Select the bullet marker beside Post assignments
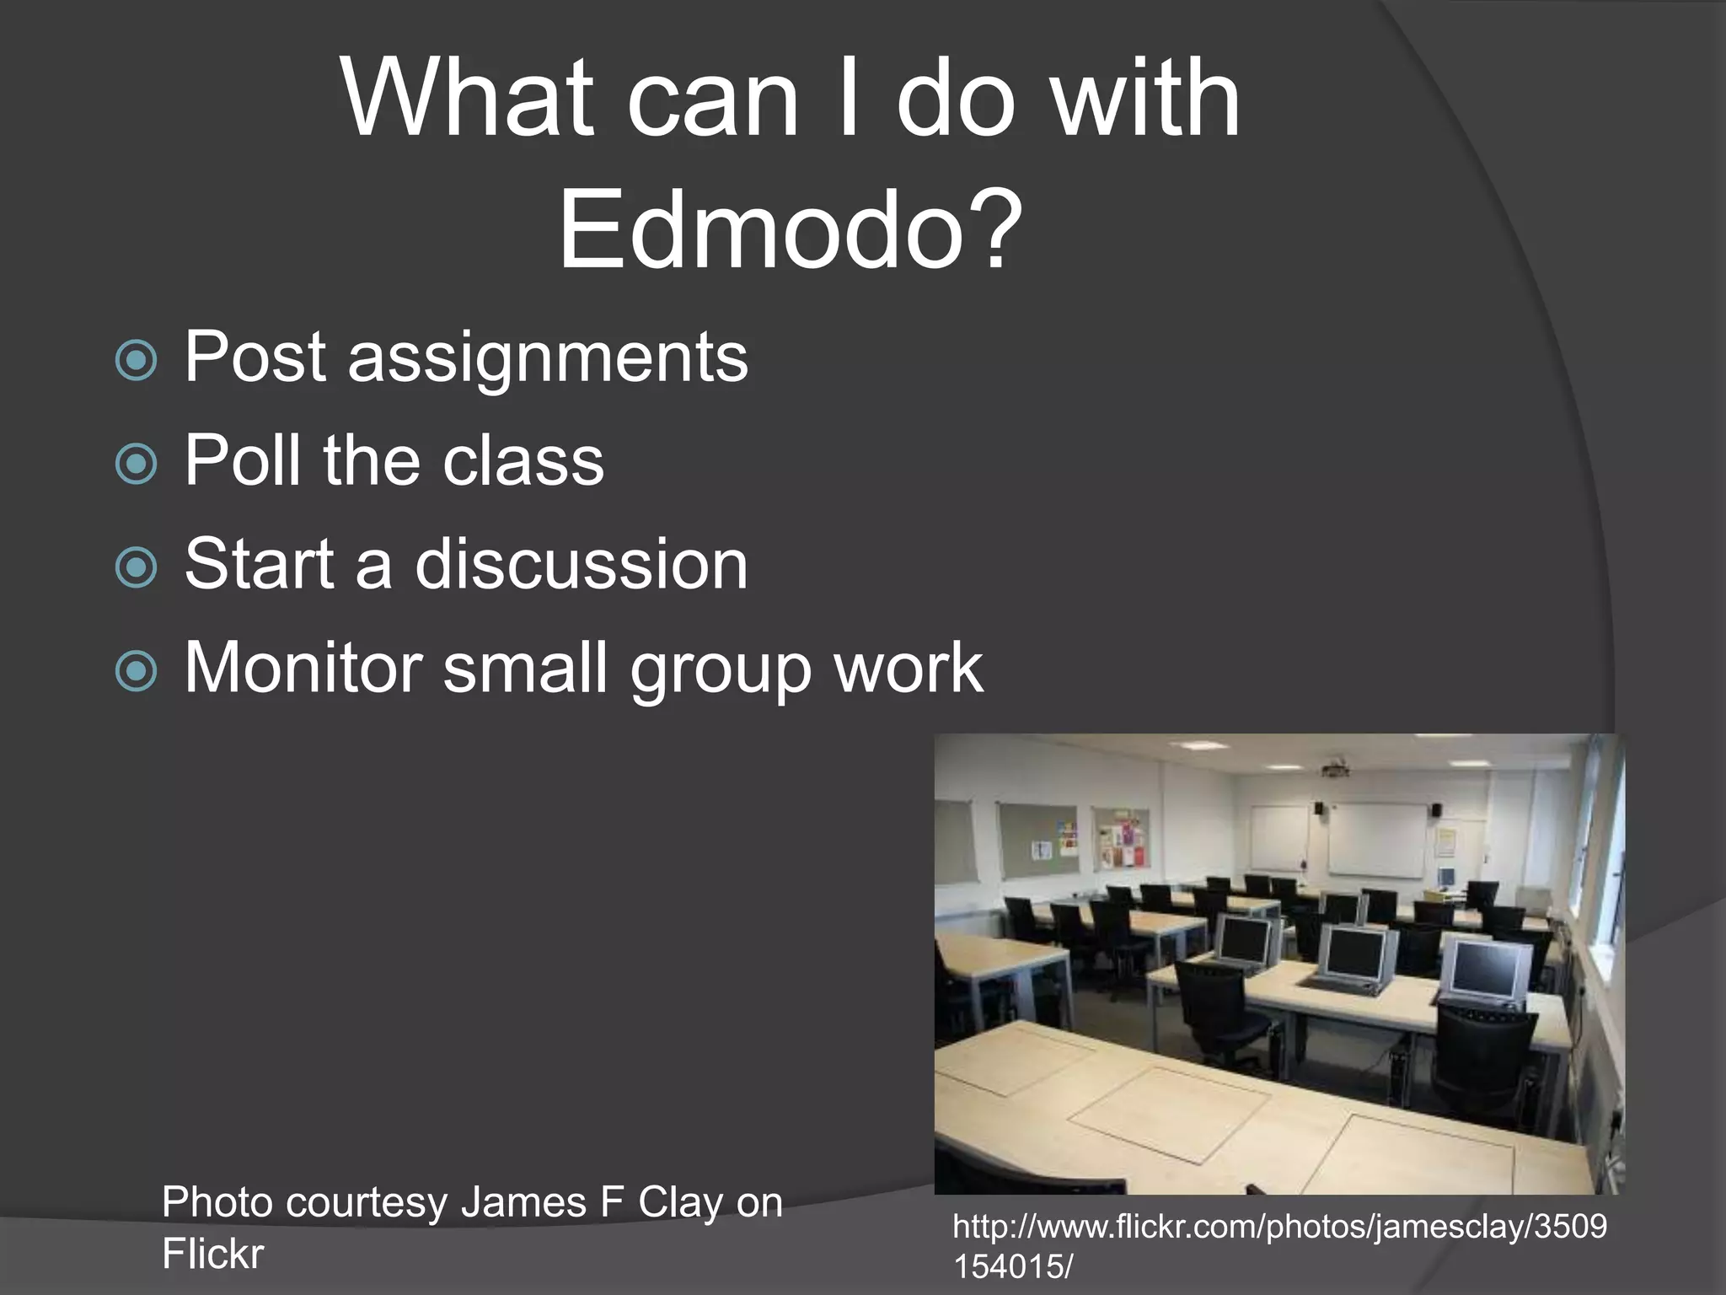pos(136,360)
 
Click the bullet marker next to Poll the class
pos(136,464)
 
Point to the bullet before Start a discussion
pos(136,567)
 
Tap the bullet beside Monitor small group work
pos(136,671)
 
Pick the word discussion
pos(581,564)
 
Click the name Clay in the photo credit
pos(680,1202)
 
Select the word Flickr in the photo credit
pos(212,1254)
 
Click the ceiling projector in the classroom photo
pos(1334,768)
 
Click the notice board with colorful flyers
pos(1121,838)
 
